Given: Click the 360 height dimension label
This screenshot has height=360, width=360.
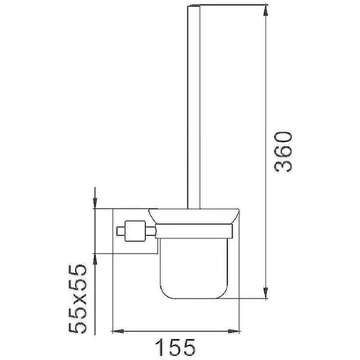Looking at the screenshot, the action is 283,152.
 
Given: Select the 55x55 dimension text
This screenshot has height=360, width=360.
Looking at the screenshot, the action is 77,298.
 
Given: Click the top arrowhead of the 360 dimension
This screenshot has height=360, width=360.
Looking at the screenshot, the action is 265,10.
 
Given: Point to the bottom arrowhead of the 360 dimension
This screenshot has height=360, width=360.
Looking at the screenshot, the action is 265,293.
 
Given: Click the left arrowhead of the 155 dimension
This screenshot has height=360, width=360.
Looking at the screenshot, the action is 117,331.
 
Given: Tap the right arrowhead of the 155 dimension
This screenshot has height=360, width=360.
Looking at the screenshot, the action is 234,331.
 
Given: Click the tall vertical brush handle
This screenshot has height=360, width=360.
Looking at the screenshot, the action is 194,107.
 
